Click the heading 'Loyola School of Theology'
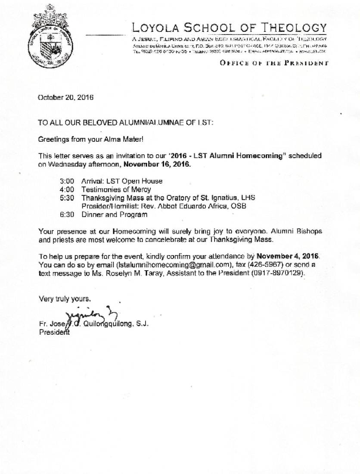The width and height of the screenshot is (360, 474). pyautogui.click(x=229, y=28)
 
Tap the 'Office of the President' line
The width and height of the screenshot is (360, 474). pyautogui.click(x=274, y=63)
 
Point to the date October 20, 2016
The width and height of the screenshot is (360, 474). pyautogui.click(x=65, y=97)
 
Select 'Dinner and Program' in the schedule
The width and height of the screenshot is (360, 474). pyautogui.click(x=114, y=214)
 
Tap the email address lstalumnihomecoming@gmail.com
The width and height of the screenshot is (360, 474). pyautogui.click(x=172, y=264)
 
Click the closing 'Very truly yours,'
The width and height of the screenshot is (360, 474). pyautogui.click(x=65, y=298)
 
